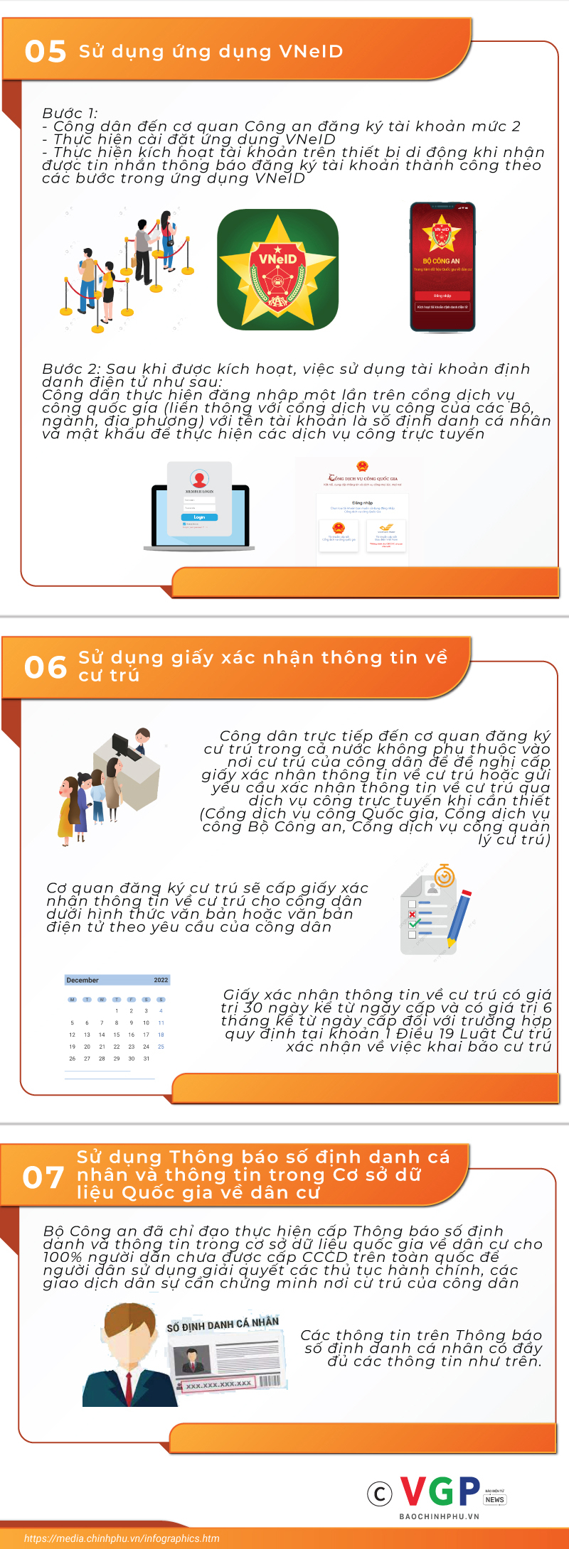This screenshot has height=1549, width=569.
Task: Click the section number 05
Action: click(46, 52)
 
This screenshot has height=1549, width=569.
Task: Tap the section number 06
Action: click(46, 667)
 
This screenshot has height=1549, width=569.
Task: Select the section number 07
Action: click(44, 1177)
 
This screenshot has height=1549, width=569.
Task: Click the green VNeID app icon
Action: click(277, 269)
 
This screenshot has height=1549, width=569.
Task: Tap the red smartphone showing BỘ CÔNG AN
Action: click(442, 267)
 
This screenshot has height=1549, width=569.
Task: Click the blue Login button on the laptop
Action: click(199, 517)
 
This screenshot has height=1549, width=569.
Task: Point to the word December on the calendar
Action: click(83, 980)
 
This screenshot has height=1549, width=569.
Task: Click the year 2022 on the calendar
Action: click(161, 980)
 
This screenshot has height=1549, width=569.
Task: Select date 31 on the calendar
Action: click(146, 1059)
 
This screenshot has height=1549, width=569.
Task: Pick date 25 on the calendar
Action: click(161, 1047)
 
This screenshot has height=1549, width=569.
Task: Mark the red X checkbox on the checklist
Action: click(412, 914)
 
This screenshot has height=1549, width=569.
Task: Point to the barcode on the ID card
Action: click(270, 1381)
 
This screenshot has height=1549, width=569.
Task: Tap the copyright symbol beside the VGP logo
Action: click(380, 1494)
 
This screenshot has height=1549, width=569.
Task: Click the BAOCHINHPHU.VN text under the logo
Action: click(439, 1516)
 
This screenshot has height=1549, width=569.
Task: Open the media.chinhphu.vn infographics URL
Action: click(122, 1538)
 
